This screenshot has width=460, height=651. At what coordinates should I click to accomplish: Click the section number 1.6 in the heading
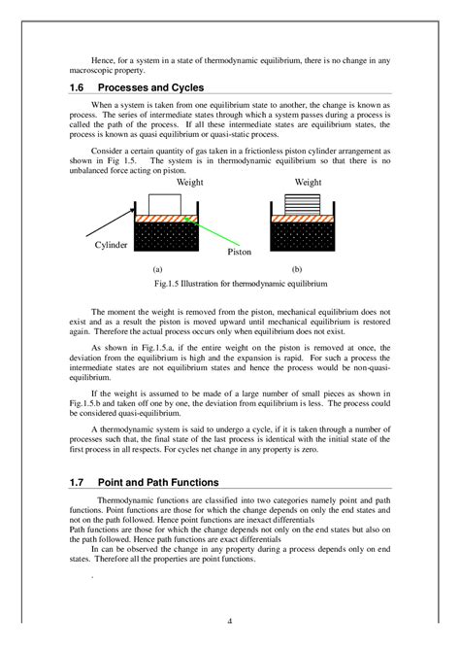[79, 87]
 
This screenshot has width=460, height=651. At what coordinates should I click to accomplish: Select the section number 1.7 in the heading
[79, 482]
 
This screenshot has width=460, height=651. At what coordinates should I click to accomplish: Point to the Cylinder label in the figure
[111, 246]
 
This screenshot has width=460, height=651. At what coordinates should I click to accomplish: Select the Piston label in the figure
[239, 252]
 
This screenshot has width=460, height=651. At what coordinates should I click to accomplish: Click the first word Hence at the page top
[102, 60]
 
